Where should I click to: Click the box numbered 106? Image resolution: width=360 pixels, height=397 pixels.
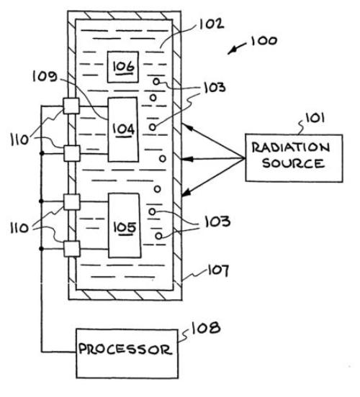tap(123, 67)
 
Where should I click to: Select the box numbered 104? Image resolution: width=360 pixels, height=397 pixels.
tap(123, 129)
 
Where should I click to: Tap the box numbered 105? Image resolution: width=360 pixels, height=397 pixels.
tap(125, 226)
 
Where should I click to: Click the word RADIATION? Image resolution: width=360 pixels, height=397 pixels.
tap(291, 147)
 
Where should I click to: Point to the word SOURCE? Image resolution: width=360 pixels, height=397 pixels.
tap(293, 163)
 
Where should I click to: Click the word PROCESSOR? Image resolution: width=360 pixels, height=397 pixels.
tap(125, 350)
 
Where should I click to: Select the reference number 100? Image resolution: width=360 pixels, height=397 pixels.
tap(264, 41)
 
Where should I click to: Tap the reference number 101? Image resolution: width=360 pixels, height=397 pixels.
tap(315, 118)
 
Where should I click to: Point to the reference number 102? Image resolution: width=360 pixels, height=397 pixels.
tap(212, 24)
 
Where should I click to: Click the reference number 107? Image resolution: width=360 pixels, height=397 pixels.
tap(218, 270)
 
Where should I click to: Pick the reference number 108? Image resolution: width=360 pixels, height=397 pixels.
tap(206, 328)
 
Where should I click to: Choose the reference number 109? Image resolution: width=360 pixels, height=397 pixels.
tap(45, 76)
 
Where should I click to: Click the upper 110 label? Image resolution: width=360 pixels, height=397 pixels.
tap(19, 140)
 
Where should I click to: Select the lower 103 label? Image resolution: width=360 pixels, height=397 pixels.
tap(217, 222)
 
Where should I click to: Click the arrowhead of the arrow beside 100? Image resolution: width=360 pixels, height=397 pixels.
tap(231, 51)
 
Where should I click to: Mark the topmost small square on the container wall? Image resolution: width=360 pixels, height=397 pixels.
tap(71, 106)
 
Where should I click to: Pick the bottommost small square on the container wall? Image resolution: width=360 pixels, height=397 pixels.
tap(71, 249)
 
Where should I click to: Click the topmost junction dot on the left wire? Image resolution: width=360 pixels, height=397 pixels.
tap(42, 153)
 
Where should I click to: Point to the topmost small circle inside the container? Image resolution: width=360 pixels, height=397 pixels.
tap(156, 81)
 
